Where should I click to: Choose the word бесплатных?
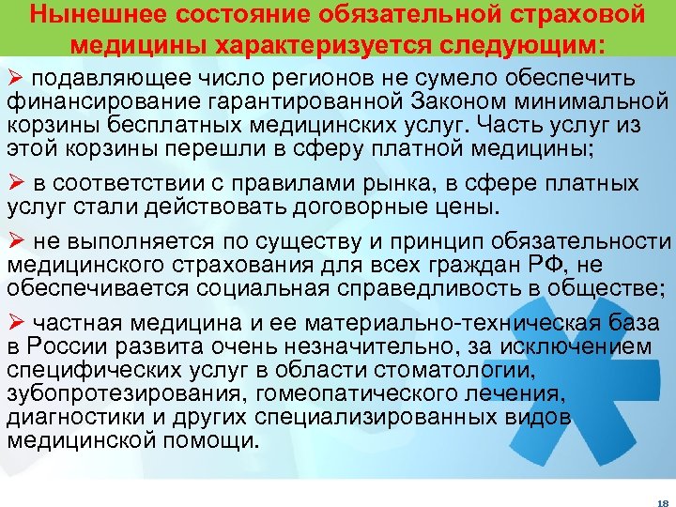point(158,124)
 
